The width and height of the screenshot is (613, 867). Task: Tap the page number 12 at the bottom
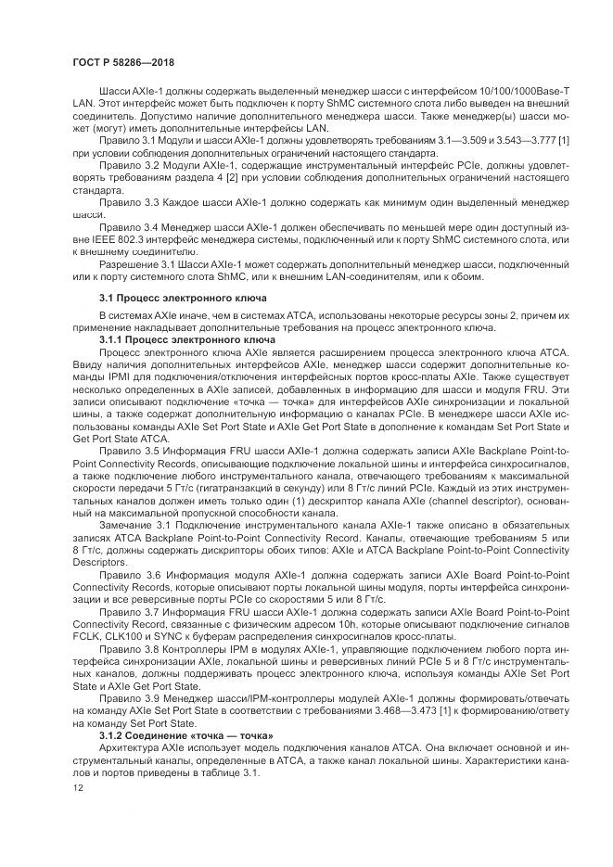point(78,785)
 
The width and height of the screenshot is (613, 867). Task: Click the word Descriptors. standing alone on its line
point(96,563)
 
